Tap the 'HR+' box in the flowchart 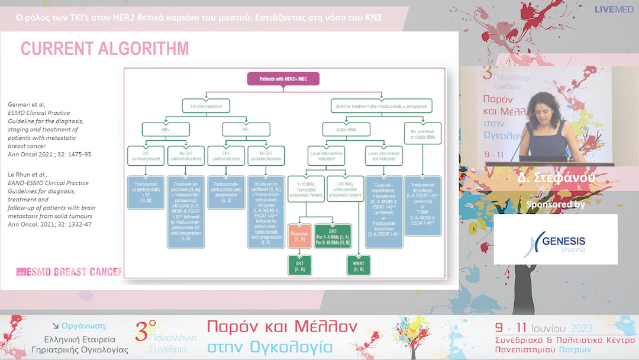coord(166,128)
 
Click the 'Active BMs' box coord(346,128)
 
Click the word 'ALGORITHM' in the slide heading coord(143,48)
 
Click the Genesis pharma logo coord(556,240)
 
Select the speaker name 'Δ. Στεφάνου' coord(554,177)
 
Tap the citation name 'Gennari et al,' coord(27,105)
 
